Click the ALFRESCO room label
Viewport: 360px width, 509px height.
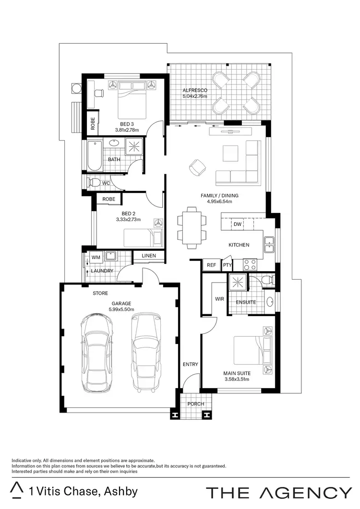coord(194,90)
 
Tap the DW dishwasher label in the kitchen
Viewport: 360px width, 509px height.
coord(238,224)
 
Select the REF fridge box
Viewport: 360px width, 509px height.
coord(211,265)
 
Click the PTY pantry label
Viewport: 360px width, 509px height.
coord(227,265)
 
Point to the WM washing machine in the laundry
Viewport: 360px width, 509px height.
coord(96,258)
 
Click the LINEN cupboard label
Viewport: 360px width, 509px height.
coord(149,256)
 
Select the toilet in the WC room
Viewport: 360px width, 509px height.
coord(94,182)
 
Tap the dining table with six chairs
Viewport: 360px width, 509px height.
coord(192,227)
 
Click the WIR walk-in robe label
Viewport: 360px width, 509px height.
coord(220,299)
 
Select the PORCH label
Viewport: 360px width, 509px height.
coord(195,404)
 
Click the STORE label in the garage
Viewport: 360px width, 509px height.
coord(100,293)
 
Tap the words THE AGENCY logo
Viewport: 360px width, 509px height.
coord(278,492)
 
